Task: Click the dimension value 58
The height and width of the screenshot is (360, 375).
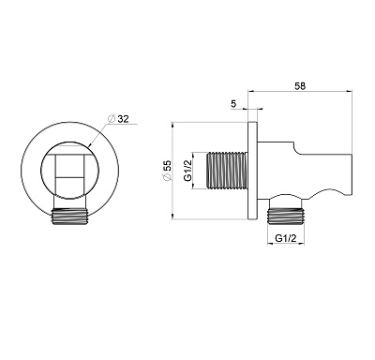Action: pos(300,86)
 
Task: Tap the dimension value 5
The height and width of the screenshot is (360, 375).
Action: pos(234,104)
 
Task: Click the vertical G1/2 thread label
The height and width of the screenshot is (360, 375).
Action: pos(187,171)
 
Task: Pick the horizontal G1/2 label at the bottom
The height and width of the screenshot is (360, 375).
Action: pos(286,238)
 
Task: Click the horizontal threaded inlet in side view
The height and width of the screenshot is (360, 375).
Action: pos(227,171)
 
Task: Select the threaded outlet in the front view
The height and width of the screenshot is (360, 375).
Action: pos(70,217)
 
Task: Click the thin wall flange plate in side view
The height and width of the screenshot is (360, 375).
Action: pos(252,171)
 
